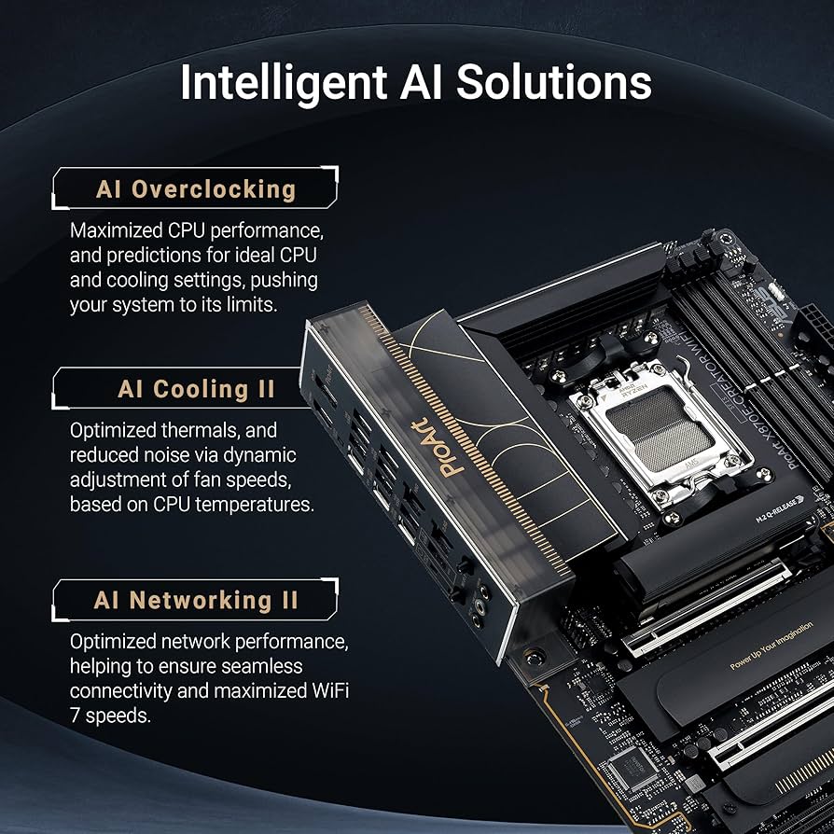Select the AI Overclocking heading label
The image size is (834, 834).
tap(195, 189)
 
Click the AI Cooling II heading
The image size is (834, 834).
tap(196, 388)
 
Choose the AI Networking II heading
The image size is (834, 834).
tap(196, 600)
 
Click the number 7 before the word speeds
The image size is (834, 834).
tap(75, 716)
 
